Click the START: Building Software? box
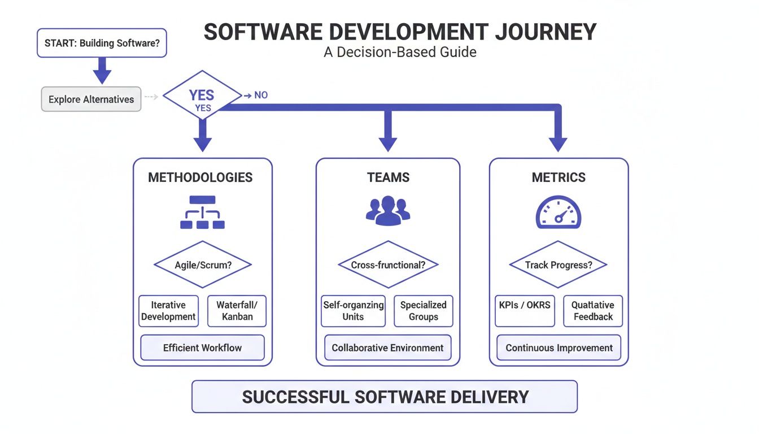click(x=102, y=43)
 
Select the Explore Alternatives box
click(x=91, y=99)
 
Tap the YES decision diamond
click(x=202, y=96)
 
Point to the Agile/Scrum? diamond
click(x=202, y=264)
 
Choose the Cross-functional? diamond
click(x=387, y=264)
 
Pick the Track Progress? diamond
click(x=558, y=264)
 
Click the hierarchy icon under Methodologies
click(x=202, y=212)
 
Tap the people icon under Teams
click(x=387, y=210)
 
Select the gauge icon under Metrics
click(x=558, y=212)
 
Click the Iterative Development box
click(x=169, y=311)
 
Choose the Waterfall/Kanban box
click(x=237, y=311)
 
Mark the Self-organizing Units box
click(x=354, y=311)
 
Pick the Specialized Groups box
click(x=423, y=311)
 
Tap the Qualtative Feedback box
click(x=593, y=311)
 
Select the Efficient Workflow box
click(x=202, y=348)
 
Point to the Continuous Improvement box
click(x=559, y=348)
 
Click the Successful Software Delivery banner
click(x=385, y=396)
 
